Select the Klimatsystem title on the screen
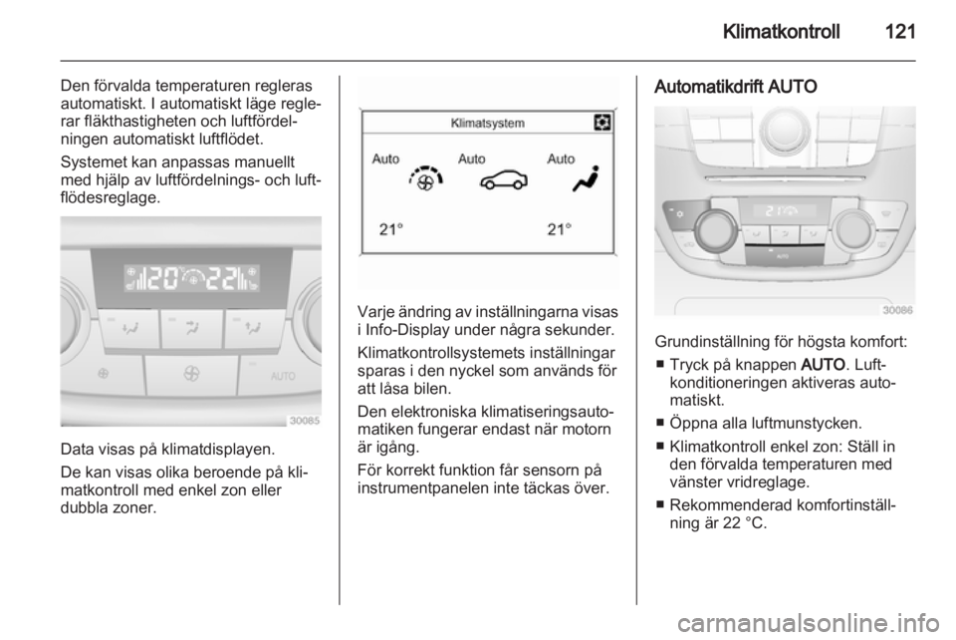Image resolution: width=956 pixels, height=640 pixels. pos(488,124)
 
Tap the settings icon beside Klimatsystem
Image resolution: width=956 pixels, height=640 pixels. pos(601,123)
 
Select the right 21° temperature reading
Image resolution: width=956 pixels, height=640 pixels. pos(561,230)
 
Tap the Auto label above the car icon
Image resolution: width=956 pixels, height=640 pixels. pos(472,159)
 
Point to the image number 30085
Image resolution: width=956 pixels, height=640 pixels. pos(303,420)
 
